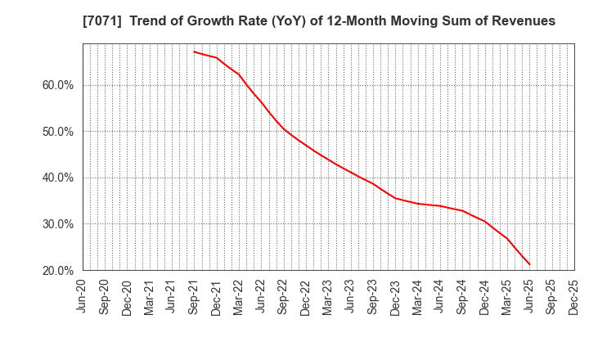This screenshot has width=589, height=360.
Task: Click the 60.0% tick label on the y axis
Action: click(x=56, y=85)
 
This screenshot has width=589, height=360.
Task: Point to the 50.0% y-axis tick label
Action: click(x=56, y=132)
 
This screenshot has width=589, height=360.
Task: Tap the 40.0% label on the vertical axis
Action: click(x=56, y=178)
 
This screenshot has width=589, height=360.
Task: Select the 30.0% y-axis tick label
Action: click(x=56, y=224)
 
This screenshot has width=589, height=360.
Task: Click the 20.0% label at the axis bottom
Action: click(x=56, y=270)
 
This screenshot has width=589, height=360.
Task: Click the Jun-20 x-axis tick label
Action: click(x=83, y=297)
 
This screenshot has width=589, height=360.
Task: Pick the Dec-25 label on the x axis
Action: click(x=573, y=297)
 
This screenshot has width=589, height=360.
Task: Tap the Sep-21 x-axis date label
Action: click(x=194, y=297)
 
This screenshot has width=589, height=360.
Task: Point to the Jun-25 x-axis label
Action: click(x=529, y=297)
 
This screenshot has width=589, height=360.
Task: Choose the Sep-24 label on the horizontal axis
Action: click(x=462, y=297)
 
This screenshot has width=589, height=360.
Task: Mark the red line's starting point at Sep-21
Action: click(x=194, y=52)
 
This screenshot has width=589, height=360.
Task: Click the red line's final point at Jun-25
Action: click(x=529, y=264)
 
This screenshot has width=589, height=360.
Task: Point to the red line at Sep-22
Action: click(x=283, y=128)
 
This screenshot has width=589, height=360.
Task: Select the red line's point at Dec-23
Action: click(x=395, y=198)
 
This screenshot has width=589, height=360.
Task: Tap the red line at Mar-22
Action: click(x=239, y=74)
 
